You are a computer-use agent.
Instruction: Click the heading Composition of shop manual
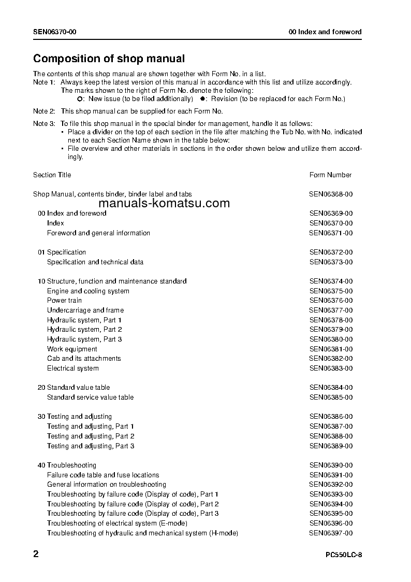pos(109,59)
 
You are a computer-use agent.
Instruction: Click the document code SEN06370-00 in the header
pos(55,32)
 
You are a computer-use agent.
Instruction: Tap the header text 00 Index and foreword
pos(325,32)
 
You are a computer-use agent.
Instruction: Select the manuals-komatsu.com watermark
pos(164,203)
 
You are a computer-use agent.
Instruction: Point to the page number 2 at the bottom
pos(36,554)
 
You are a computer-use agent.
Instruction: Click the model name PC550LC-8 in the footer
pos(344,555)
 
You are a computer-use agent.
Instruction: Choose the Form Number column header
pos(330,175)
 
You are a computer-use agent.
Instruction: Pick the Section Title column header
pos(52,175)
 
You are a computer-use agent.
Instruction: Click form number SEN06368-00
pos(331,194)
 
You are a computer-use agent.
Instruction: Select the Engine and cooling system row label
pos(88,291)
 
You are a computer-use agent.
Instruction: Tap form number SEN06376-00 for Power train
pos(331,301)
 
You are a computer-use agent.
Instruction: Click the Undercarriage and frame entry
pos(85,310)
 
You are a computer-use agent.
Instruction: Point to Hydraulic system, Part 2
pos(84,330)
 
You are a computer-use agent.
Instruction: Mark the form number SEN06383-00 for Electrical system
pos(331,368)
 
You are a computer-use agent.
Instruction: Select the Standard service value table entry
pos(90,398)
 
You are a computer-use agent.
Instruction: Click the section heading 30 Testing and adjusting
pos(75,417)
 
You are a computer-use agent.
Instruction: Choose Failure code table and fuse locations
pos(103,475)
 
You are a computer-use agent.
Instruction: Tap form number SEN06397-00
pos(331,533)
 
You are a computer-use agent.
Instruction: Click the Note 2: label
pos(44,111)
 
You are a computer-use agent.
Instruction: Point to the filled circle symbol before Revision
pos(203,98)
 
